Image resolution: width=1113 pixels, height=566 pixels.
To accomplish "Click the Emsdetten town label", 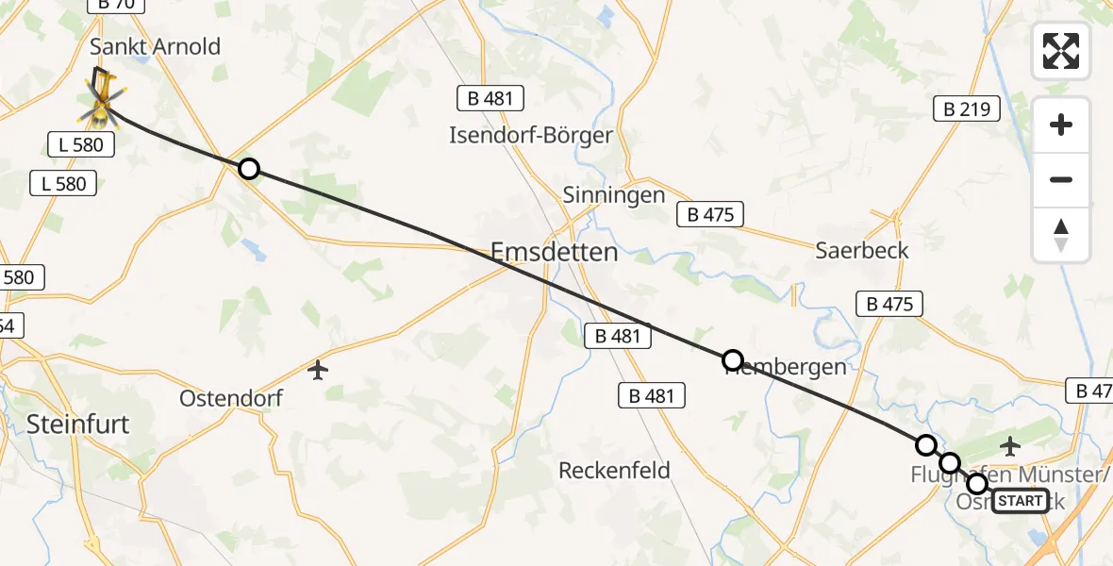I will [555, 252].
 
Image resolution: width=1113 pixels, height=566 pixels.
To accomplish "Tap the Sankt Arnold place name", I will [155, 46].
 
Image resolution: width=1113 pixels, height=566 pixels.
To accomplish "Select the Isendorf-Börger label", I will [531, 135].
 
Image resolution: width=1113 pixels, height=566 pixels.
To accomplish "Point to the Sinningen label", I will [613, 195].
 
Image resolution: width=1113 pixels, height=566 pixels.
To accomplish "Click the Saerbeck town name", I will [862, 250].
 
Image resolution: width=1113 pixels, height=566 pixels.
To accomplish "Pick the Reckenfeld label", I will [614, 470].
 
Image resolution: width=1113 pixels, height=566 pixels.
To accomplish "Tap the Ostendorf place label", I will [231, 398].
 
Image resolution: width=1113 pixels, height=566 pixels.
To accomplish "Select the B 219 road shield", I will [966, 109].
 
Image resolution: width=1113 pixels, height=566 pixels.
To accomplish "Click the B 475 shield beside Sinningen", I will [711, 214].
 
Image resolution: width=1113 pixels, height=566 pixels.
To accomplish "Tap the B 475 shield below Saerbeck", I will [889, 304].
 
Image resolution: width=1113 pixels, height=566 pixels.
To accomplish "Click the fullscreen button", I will [1061, 50].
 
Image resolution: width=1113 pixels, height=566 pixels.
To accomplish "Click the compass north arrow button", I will [1061, 234].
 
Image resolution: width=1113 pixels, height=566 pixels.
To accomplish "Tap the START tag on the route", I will [1020, 501].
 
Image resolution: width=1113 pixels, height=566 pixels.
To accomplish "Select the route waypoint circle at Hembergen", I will [732, 359].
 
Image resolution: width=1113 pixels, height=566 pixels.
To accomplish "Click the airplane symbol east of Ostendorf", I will [318, 370].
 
